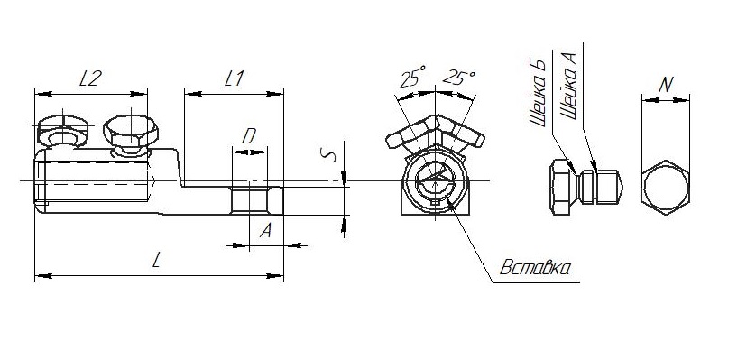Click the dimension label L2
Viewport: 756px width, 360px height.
[90, 78]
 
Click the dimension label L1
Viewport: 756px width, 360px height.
[235, 78]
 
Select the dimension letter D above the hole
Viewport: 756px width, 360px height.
[249, 137]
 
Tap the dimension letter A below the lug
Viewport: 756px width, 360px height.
[265, 231]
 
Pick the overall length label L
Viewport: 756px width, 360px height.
[156, 261]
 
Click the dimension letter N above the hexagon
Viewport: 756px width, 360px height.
[666, 85]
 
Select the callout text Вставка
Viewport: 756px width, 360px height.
[536, 268]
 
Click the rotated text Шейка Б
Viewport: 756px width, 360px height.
[538, 94]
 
